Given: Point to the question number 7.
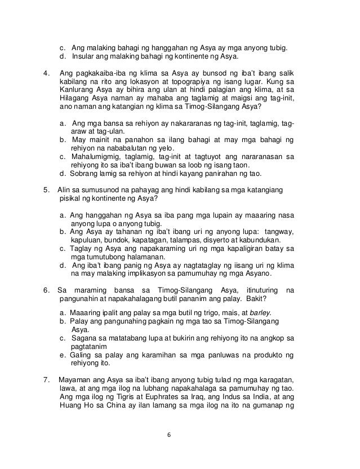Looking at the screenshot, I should pyautogui.click(x=46, y=378).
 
